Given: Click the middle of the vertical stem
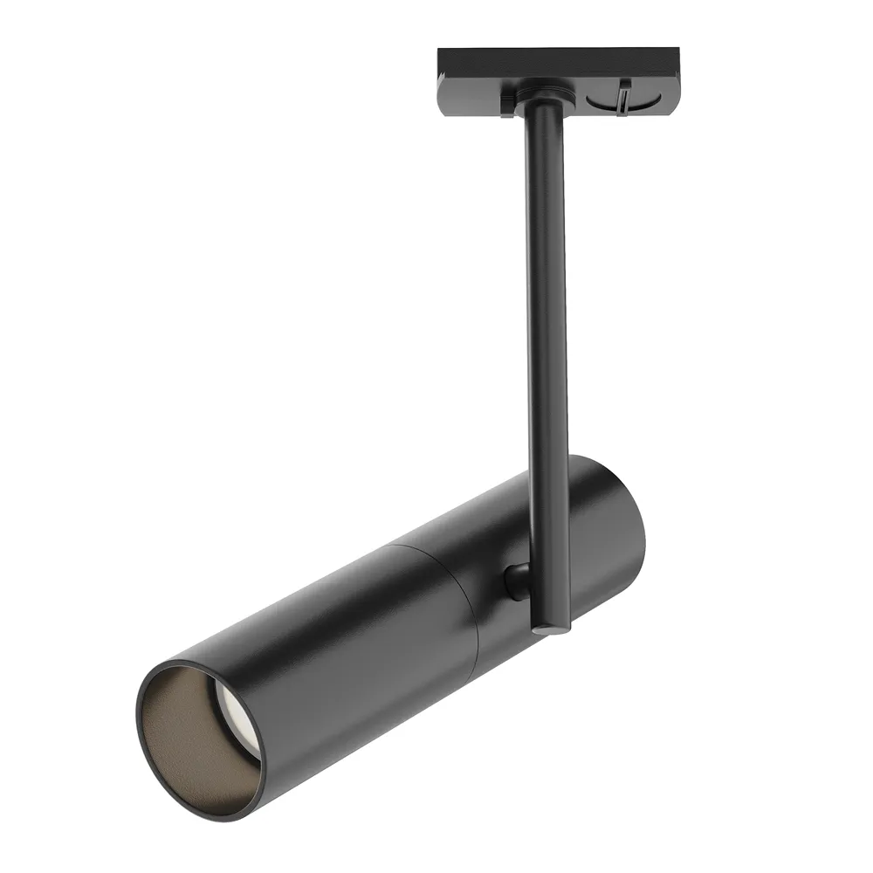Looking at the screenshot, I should click(x=546, y=349).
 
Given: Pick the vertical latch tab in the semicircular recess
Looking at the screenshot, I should click(x=623, y=95).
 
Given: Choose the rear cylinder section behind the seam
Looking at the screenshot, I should click(x=489, y=541).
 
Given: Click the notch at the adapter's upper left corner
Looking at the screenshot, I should click(x=442, y=54).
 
